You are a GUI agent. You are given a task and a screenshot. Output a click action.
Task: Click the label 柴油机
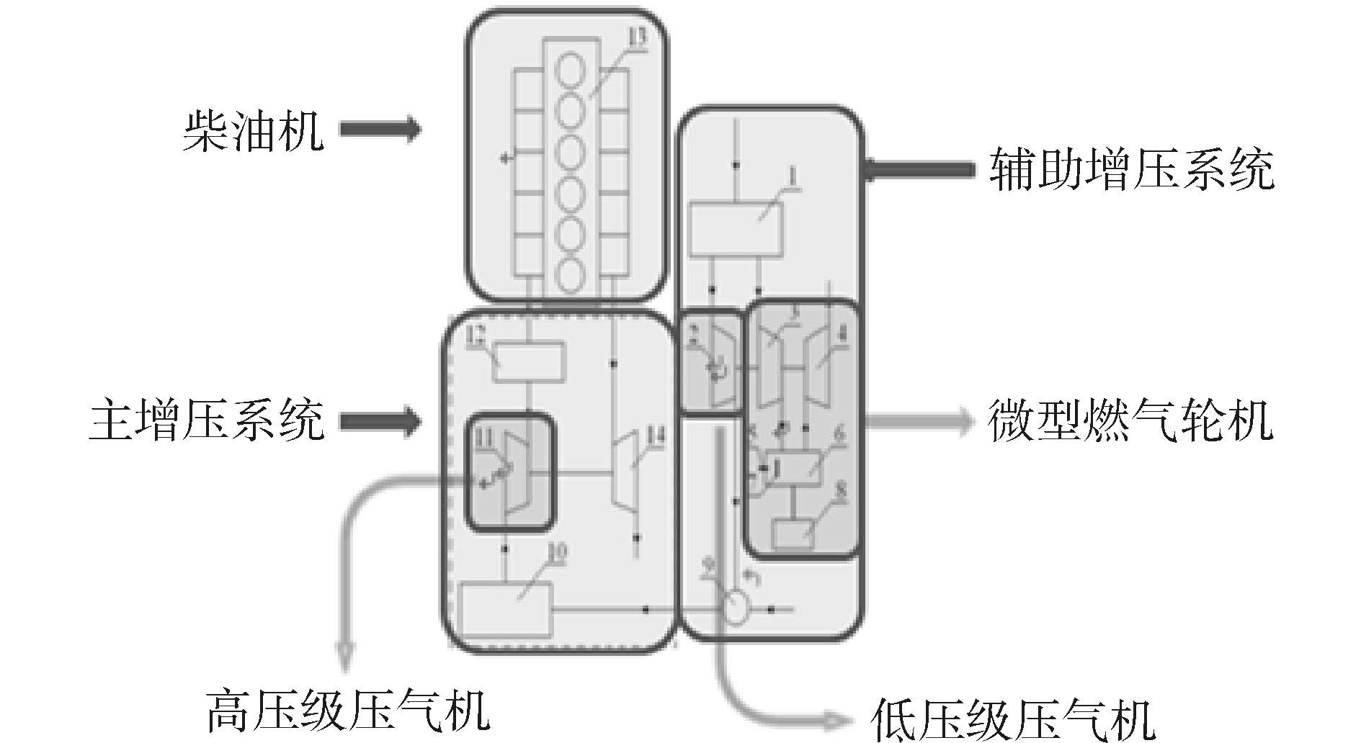(253, 130)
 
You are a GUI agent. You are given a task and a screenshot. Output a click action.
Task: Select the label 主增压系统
(206, 421)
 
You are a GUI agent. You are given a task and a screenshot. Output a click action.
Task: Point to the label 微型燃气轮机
(1130, 420)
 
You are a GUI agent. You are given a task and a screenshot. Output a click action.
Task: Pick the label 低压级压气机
(1012, 719)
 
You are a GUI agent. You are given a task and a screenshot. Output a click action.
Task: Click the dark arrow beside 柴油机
(380, 130)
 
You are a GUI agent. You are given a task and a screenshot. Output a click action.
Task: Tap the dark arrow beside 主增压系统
(380, 421)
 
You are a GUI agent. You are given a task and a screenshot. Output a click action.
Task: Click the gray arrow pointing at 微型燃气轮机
(919, 420)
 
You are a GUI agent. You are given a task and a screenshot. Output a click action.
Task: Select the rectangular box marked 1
(736, 230)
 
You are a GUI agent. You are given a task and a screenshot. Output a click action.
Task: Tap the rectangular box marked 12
(529, 363)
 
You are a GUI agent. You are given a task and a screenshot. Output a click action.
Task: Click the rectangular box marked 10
(506, 609)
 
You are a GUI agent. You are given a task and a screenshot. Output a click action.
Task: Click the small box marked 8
(793, 533)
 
